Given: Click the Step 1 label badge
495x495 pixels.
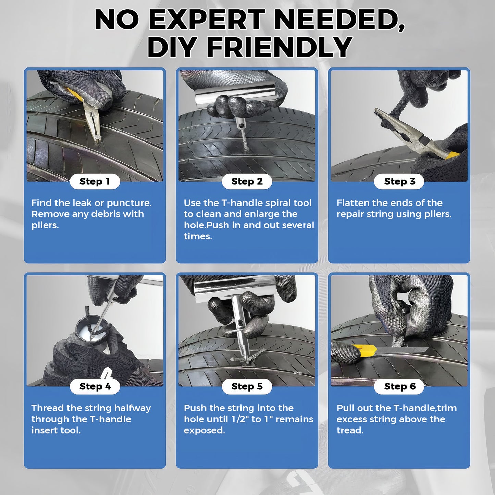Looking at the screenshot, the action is point(95,182).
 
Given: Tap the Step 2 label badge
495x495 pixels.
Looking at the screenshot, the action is point(247,182).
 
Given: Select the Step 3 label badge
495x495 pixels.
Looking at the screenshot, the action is point(399,182).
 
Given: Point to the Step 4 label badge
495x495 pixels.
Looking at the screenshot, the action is point(95,387).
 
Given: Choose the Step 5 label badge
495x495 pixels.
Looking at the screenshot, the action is point(247,387).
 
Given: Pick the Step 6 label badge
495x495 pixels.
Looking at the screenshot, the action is point(399,387).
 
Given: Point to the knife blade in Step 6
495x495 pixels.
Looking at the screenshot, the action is point(402,350).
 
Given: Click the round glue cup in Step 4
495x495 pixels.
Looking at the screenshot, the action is point(92,327).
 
